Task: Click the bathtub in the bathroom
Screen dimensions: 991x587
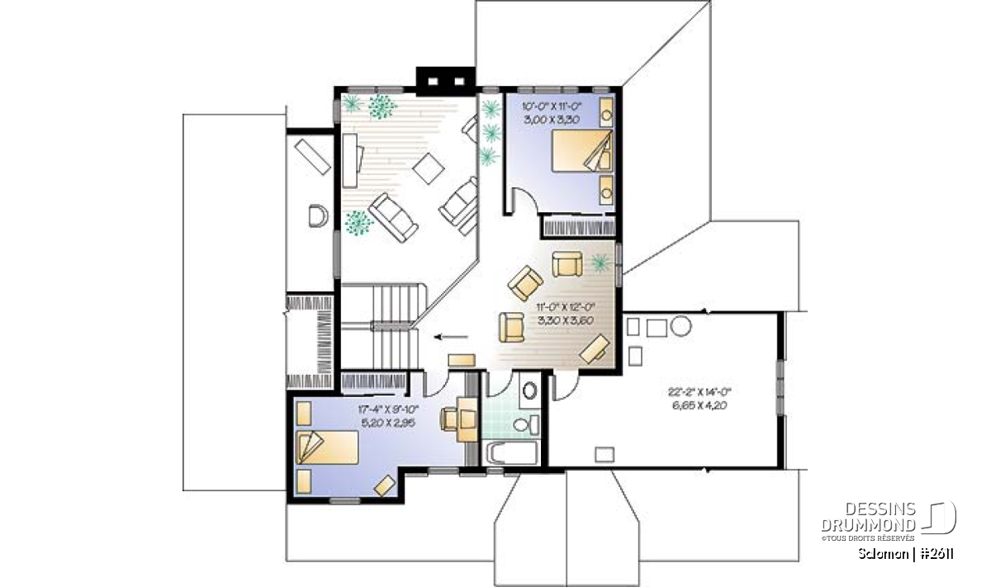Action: [512, 453]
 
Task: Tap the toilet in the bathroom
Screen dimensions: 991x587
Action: [527, 424]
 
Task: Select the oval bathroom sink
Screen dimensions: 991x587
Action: [529, 391]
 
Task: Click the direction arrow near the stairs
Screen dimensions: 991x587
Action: [450, 337]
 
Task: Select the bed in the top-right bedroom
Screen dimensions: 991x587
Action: [582, 151]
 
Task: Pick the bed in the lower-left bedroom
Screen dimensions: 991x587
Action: [327, 447]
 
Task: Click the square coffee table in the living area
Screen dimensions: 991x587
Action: [429, 168]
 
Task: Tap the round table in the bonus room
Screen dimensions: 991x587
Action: [680, 325]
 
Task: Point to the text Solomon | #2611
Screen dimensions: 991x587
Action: [906, 554]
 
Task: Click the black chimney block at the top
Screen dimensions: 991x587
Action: [446, 81]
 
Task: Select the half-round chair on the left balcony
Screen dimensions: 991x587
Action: [319, 215]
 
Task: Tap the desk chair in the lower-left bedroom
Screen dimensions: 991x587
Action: [448, 419]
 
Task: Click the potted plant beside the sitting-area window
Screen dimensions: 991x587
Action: [600, 263]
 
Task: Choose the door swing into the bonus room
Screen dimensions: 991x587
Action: [565, 387]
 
